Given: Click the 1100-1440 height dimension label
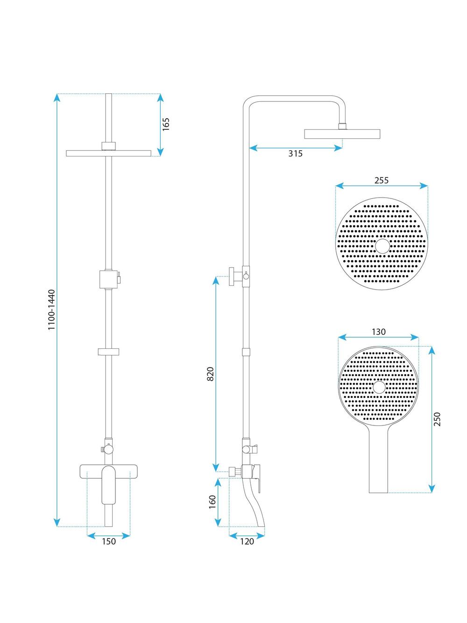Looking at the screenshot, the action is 51,309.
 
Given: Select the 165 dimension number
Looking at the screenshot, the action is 166,124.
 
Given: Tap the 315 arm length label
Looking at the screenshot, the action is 295,154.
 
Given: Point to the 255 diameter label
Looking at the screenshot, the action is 382,181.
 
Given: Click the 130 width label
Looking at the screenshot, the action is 378,332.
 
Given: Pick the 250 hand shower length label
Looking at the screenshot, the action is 437,419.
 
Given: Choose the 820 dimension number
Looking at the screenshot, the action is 210,374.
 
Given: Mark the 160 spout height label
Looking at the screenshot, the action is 212,502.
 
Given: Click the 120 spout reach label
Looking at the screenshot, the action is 247,542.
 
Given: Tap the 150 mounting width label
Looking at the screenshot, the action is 109,542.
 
